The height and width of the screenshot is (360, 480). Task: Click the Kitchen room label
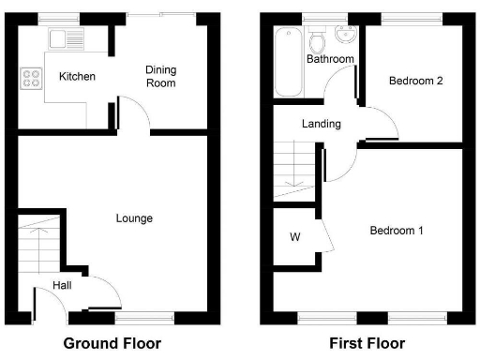(76, 76)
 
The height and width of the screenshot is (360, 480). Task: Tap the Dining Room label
(160, 76)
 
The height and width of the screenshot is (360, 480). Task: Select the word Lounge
(134, 218)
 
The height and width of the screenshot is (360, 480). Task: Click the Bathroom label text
(330, 59)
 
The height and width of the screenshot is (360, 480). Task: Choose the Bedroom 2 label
(415, 81)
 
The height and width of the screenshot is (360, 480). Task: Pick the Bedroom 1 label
(397, 231)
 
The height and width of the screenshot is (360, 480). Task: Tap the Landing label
(321, 124)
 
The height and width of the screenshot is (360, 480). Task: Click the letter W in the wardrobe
(294, 236)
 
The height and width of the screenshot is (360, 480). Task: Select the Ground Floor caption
(112, 343)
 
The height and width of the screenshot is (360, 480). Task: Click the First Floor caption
(367, 343)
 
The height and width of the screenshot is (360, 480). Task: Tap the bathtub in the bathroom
(287, 63)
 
